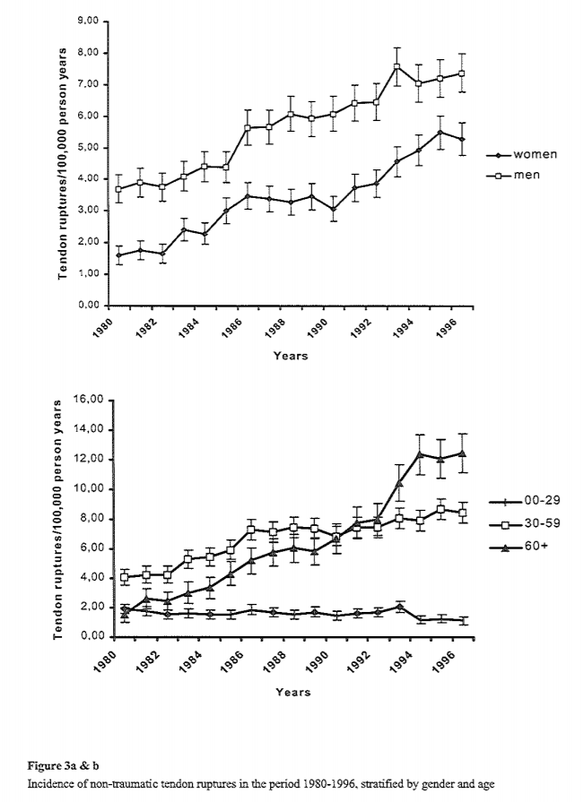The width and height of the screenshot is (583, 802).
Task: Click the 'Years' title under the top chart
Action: tap(291, 356)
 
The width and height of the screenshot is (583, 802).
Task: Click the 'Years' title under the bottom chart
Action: tap(293, 692)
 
